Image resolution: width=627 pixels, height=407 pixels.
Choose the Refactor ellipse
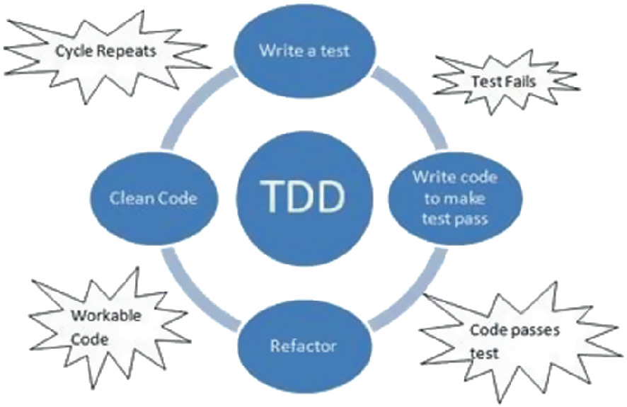(x=303, y=346)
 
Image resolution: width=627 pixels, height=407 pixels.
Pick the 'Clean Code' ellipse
(x=153, y=197)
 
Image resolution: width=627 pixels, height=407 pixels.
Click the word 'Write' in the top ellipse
(x=277, y=50)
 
